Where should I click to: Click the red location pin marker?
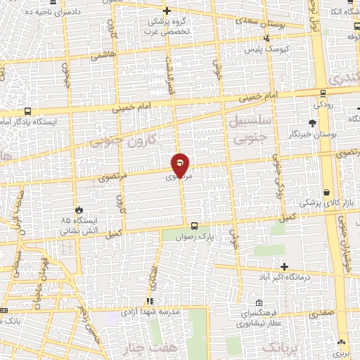(x=181, y=165)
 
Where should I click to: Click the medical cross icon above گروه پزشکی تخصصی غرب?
(x=167, y=11)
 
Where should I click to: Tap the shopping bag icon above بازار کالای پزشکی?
(x=327, y=192)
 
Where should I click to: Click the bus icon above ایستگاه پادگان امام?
(x=27, y=111)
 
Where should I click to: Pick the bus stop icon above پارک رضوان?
(x=193, y=226)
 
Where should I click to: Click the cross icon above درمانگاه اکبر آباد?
(x=284, y=266)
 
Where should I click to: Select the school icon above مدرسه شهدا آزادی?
(x=149, y=301)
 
